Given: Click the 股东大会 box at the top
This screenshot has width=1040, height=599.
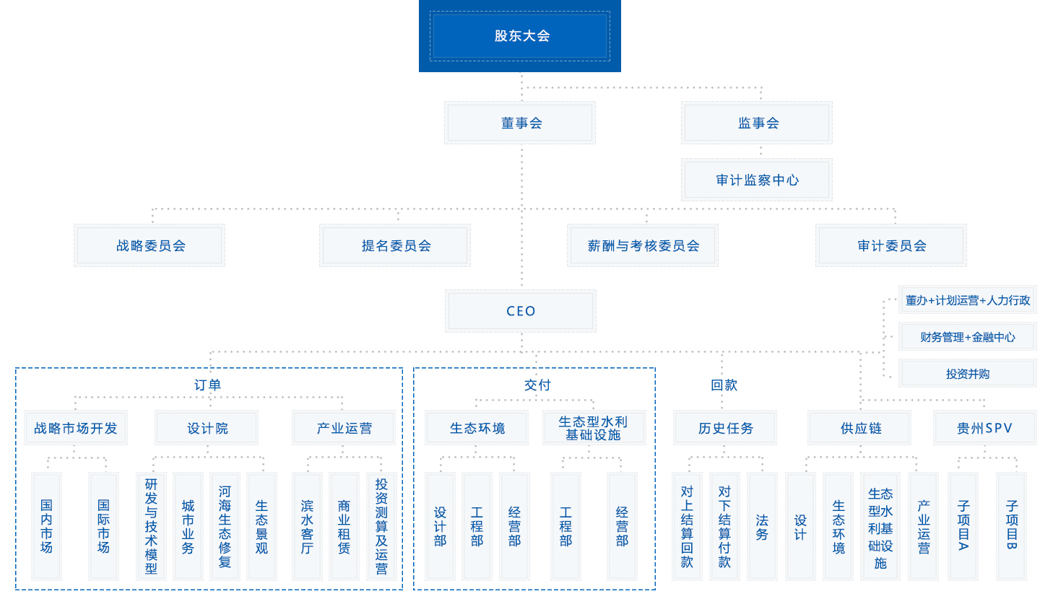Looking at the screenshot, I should [520, 36].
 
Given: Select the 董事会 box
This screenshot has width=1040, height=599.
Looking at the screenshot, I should [521, 123].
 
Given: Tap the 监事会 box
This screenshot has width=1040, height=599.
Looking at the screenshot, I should [757, 123].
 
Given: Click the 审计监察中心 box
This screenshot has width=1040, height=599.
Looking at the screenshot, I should [757, 180].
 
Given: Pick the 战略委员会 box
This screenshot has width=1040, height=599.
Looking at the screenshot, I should [149, 245].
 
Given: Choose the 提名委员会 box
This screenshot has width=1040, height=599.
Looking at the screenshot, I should [395, 245].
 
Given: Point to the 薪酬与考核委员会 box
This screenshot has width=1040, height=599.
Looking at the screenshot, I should [643, 245].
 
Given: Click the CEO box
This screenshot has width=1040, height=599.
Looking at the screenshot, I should [521, 311].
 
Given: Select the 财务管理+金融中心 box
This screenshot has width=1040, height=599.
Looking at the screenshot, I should [967, 337].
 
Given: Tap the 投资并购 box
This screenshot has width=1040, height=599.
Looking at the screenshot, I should [967, 374].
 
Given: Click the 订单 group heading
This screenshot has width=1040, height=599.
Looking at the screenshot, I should [208, 385].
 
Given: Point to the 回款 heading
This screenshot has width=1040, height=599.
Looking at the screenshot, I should [724, 385].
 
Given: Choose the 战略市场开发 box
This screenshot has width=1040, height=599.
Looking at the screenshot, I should [75, 429].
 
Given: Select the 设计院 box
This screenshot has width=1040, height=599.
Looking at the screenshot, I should [207, 429].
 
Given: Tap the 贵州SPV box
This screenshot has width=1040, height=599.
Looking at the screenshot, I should [984, 429].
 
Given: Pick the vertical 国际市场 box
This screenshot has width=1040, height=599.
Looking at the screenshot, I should [103, 526].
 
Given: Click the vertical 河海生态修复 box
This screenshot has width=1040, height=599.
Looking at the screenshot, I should [225, 526].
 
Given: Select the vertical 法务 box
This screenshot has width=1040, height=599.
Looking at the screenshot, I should [762, 526].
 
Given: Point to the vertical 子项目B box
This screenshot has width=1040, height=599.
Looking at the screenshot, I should [1011, 526].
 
